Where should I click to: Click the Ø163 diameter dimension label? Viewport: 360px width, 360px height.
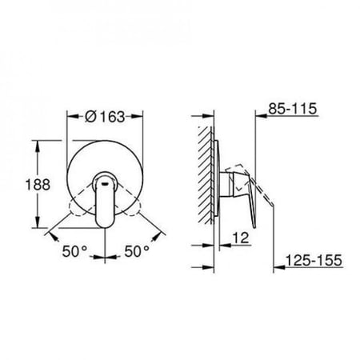(x=105, y=117)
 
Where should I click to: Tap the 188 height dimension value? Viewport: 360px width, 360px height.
(x=38, y=185)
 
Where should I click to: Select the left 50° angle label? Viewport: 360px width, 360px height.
(x=74, y=251)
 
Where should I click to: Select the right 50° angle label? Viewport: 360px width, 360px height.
(x=137, y=251)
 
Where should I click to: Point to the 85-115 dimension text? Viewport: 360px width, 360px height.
(x=293, y=109)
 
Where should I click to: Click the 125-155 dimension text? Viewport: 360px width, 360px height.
(x=314, y=260)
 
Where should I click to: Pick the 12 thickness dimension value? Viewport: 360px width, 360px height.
(x=241, y=238)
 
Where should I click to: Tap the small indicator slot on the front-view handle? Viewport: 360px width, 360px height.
(x=105, y=183)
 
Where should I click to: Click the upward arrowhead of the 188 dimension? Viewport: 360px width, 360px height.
(x=38, y=146)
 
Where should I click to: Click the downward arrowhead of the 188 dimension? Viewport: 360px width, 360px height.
(x=38, y=222)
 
